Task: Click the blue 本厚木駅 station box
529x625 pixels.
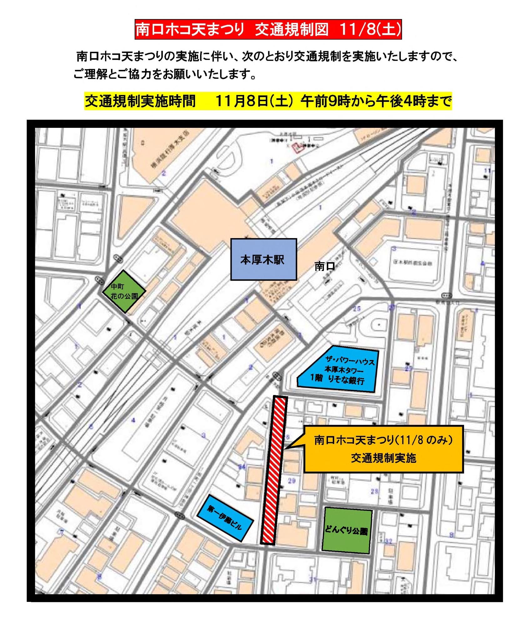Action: coord(263,259)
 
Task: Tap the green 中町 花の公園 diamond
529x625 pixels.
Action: coord(124,291)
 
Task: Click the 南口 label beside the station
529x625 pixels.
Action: coord(325,266)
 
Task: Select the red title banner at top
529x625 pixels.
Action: coord(268,30)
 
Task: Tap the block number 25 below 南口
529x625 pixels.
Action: coord(357,309)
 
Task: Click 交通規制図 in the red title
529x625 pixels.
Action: coord(292,30)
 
